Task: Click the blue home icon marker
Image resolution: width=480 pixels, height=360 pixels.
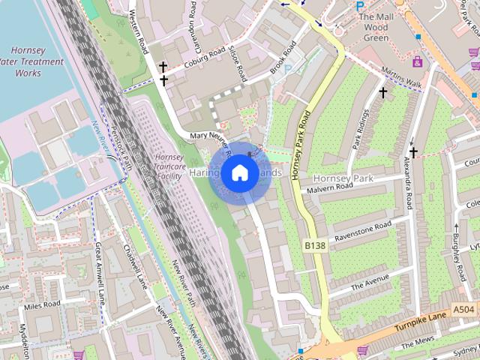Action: pyautogui.click(x=238, y=173)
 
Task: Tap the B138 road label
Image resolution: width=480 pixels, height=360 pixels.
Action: pyautogui.click(x=316, y=246)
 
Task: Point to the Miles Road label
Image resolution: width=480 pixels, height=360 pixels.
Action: pyautogui.click(x=41, y=305)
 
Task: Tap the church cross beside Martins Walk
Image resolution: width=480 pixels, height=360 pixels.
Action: pyautogui.click(x=382, y=93)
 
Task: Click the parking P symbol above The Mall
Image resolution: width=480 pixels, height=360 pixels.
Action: pyautogui.click(x=360, y=4)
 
